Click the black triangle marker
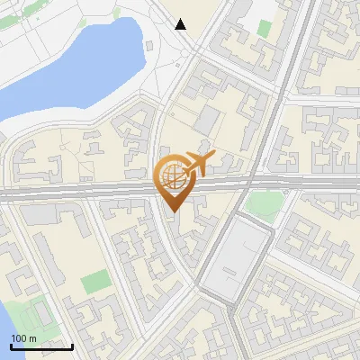point(181,24)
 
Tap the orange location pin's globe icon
point(169,175)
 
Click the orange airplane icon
point(198,164)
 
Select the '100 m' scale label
point(24,338)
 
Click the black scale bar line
point(42,346)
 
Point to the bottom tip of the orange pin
point(172,211)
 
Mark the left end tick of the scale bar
point(12,346)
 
